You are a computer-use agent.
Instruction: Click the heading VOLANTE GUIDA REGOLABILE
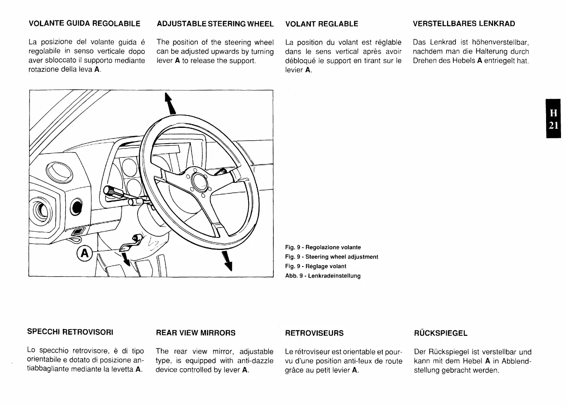(x=84, y=24)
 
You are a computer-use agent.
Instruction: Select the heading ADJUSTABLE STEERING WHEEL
(x=215, y=24)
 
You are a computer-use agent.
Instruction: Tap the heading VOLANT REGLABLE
(x=322, y=24)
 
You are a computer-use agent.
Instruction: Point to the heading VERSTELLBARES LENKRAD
(x=464, y=24)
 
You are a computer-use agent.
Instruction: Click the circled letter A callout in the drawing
(x=84, y=253)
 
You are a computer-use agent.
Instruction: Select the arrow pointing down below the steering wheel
(x=227, y=261)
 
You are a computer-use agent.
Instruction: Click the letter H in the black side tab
(x=553, y=113)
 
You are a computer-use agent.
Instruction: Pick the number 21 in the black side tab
(x=553, y=125)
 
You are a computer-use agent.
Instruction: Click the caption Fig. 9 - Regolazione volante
(x=323, y=247)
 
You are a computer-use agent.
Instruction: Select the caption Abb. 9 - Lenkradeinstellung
(x=323, y=276)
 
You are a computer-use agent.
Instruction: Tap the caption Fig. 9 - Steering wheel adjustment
(x=332, y=257)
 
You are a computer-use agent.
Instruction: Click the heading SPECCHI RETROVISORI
(x=70, y=332)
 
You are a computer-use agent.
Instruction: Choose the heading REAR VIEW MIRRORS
(x=195, y=333)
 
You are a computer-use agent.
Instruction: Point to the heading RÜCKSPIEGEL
(x=440, y=333)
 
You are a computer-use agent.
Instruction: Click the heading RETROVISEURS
(x=314, y=333)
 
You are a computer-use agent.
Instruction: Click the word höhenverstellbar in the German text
(x=500, y=42)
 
